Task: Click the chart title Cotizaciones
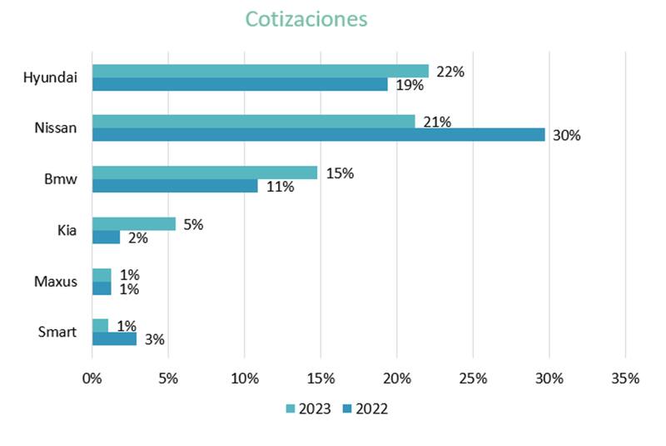tap(306, 19)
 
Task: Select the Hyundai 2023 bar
tap(260, 72)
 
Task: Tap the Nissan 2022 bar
tap(318, 135)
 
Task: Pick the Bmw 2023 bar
tap(204, 173)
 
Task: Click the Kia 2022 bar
tap(106, 238)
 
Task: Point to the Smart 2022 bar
tap(114, 339)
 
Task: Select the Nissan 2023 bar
tap(253, 122)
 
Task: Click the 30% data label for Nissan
tap(566, 135)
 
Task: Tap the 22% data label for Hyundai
tap(450, 72)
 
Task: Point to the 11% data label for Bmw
tap(280, 187)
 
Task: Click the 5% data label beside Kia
tap(194, 224)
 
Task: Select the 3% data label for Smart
tap(155, 339)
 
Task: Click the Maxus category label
tap(57, 282)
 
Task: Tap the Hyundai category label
tap(50, 78)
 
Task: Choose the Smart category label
tap(57, 333)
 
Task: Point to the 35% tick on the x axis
tap(625, 378)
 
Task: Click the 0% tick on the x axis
tap(92, 378)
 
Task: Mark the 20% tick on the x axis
tap(396, 378)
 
